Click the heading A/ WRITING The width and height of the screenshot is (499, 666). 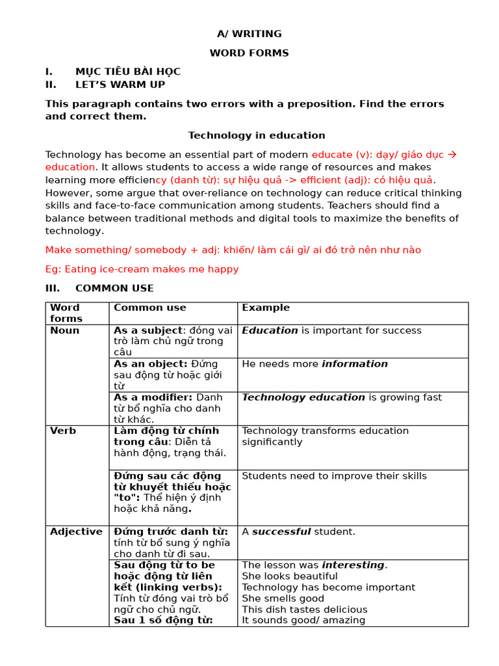click(x=249, y=34)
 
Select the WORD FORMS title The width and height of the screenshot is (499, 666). click(x=249, y=53)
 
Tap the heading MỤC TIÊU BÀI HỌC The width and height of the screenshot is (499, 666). click(x=127, y=72)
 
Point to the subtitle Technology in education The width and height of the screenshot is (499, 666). click(x=257, y=135)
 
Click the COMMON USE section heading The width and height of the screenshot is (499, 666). click(x=114, y=288)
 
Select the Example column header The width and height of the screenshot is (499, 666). click(x=266, y=308)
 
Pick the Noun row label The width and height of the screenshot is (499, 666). click(x=64, y=330)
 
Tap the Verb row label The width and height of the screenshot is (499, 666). click(x=63, y=431)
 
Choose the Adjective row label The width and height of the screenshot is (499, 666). click(x=76, y=531)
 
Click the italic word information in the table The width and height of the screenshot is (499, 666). click(x=355, y=364)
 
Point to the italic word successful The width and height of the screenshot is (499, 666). click(x=281, y=531)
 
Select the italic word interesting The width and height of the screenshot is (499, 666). click(x=353, y=565)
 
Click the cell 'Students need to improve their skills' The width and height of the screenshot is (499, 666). click(x=334, y=476)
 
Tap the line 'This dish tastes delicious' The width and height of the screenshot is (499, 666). click(x=304, y=609)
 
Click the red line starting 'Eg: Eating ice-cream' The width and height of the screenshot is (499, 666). click(x=142, y=269)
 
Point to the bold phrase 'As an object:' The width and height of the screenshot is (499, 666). click(x=150, y=364)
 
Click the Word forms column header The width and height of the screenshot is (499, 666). click(x=66, y=313)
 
